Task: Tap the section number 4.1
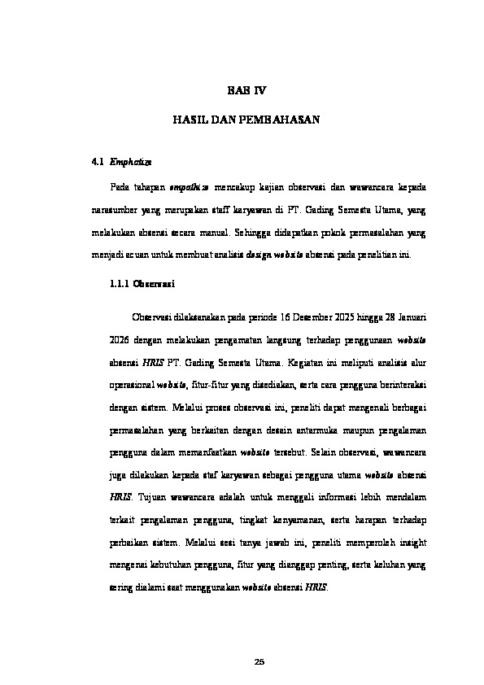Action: click(x=98, y=163)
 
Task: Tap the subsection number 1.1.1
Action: click(x=120, y=285)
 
